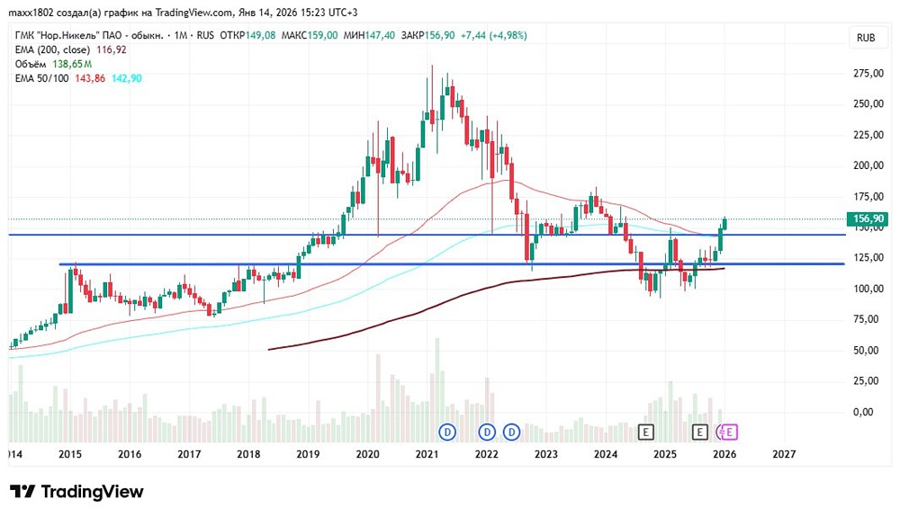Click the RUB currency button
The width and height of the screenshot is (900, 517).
pos(867,38)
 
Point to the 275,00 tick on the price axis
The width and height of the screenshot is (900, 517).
pos(868,73)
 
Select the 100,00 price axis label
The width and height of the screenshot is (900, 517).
pos(868,289)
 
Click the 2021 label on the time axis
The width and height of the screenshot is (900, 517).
pos(427,455)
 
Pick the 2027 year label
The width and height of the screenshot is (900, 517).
pos(784,455)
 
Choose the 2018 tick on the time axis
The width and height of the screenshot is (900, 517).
pos(248,455)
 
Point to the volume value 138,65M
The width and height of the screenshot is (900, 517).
pos(72,65)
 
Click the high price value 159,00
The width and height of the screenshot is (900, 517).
pos(321,35)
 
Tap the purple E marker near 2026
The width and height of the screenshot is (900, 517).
pos(730,432)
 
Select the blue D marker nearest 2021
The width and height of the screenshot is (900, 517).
pos(447,432)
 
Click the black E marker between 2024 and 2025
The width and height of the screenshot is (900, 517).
pos(644,432)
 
